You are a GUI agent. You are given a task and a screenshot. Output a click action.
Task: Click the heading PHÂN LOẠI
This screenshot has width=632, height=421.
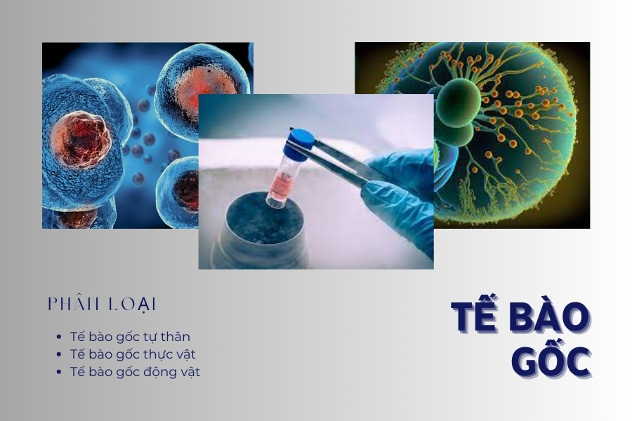(102, 304)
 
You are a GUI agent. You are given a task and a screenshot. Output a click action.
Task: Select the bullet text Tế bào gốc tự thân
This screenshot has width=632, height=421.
(130, 337)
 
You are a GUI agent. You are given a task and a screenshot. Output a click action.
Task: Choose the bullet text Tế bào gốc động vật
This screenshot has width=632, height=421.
(135, 372)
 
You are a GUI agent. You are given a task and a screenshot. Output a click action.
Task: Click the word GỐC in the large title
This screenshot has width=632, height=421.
(550, 360)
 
